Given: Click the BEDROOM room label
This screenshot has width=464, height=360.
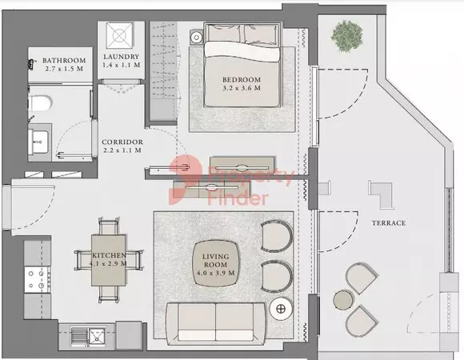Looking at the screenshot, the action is point(242,80).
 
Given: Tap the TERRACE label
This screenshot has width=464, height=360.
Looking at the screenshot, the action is point(389,223).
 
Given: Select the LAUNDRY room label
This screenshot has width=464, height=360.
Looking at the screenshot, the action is point(122,57).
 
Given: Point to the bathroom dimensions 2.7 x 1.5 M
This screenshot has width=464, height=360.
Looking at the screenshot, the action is point(64,69).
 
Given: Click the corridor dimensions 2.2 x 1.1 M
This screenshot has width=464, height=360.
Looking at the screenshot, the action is point(122,150).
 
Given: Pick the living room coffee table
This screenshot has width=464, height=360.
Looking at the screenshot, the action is point(215,263).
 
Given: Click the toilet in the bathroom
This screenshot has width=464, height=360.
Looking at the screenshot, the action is point(40,103).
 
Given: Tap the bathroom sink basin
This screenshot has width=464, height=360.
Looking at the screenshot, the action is point(39,142).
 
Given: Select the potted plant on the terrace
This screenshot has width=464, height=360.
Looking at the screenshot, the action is point(347,36).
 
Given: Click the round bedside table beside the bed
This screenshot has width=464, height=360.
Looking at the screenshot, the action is point(196,38).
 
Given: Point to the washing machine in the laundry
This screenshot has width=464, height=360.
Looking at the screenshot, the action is point(119,35).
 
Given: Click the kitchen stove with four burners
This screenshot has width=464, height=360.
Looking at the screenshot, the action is point(38,280).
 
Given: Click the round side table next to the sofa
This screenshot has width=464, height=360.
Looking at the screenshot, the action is point(281,309).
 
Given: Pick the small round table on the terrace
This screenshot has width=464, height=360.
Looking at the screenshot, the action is point(343,300).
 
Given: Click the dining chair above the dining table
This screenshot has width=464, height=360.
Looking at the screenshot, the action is point(109,226).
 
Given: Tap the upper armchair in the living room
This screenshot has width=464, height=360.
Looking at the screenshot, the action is point(276,236).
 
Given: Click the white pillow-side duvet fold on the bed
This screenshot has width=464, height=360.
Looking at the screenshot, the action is point(242,50).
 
